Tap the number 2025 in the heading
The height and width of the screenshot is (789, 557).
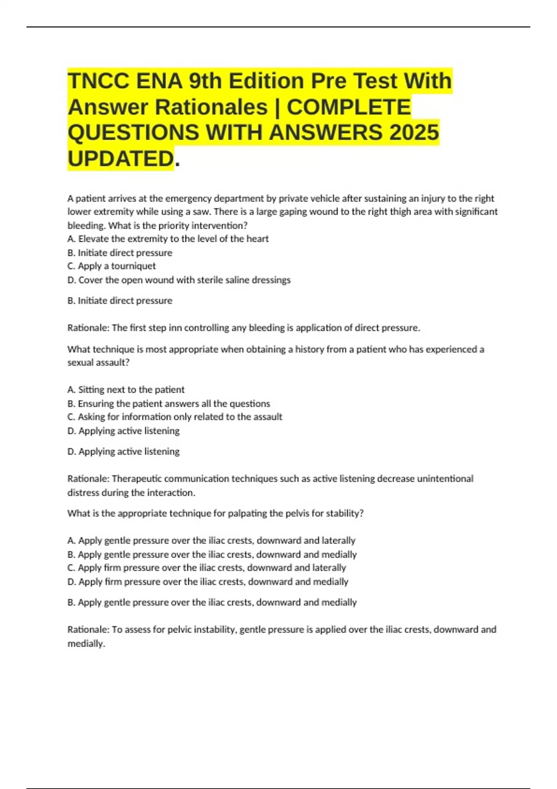click(x=414, y=133)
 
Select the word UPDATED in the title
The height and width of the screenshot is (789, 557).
click(x=121, y=159)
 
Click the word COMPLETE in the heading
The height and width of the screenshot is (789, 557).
click(x=349, y=107)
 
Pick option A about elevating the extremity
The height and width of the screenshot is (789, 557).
click(x=168, y=239)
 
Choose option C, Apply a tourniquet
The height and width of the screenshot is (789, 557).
click(x=111, y=266)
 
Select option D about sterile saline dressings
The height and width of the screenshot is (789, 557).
click(x=179, y=280)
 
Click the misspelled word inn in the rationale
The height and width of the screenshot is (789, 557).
click(x=175, y=328)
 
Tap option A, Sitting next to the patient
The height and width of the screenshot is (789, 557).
click(x=126, y=389)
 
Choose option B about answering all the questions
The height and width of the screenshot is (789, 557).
click(x=168, y=403)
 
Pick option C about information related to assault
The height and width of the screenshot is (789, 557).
click(x=175, y=417)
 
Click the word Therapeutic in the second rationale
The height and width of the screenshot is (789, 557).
click(x=136, y=479)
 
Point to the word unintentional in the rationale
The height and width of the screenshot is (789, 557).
click(x=445, y=479)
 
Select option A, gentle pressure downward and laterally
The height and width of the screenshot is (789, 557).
click(x=211, y=540)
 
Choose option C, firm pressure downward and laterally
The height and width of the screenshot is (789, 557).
click(x=207, y=568)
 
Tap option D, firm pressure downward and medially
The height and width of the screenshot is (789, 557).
click(x=207, y=582)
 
